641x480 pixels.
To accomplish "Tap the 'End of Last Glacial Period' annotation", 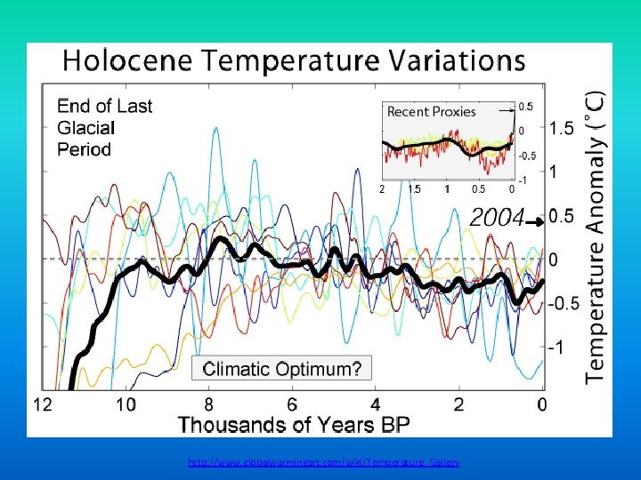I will click(104, 127).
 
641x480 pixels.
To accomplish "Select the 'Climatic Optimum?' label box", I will click(282, 369).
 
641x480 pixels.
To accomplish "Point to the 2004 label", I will click(496, 217).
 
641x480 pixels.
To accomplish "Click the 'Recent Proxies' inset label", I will click(432, 112).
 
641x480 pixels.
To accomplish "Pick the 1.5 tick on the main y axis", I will click(561, 129).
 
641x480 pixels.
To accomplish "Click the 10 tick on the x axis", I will click(125, 404).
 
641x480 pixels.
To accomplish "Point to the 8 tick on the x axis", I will click(208, 404).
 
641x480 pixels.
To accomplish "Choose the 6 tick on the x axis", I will click(292, 404).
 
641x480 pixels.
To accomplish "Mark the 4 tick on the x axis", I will click(376, 404).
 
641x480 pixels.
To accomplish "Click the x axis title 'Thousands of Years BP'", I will click(294, 424).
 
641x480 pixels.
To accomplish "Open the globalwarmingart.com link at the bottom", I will click(324, 463).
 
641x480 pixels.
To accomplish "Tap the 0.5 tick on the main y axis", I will click(561, 216).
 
